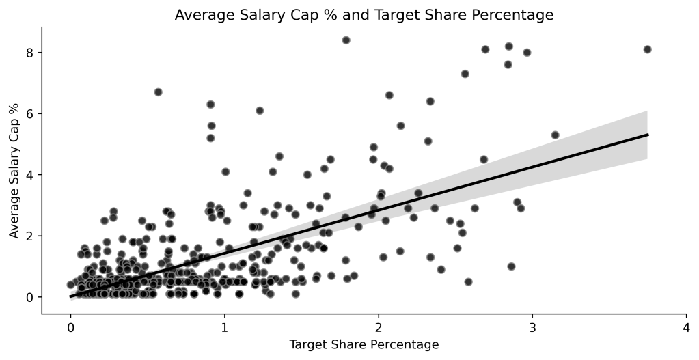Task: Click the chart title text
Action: click(364, 14)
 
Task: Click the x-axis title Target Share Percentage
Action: click(364, 345)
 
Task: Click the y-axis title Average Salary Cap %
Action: click(14, 170)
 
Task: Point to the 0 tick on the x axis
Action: click(70, 327)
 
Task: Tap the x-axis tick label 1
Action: click(224, 327)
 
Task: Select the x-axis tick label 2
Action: click(379, 327)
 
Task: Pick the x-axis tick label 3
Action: click(532, 327)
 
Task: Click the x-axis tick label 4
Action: click(686, 327)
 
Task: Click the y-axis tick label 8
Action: click(29, 53)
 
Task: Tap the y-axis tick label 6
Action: click(29, 113)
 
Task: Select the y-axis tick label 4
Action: click(29, 175)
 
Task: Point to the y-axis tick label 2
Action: click(29, 236)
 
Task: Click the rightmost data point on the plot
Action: click(647, 49)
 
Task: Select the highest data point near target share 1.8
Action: click(346, 40)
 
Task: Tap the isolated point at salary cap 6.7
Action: click(158, 92)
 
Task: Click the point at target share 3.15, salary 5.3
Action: click(555, 135)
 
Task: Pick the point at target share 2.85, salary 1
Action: click(510, 266)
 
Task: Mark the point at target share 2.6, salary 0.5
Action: click(468, 281)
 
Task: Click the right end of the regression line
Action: click(647, 135)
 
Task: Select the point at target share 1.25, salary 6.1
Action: click(260, 110)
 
